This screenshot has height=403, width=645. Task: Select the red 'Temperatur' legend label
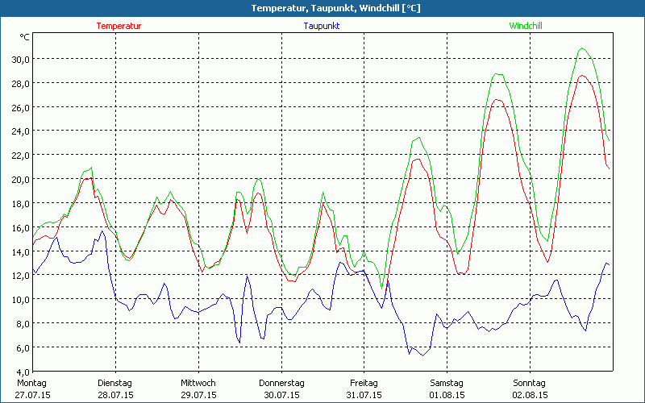coord(119,26)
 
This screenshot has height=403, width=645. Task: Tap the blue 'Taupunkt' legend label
coord(321,26)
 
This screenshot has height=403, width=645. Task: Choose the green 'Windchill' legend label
coord(525,26)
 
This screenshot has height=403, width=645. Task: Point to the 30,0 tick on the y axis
coord(19,59)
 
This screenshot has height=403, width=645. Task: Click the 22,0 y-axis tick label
coord(19,155)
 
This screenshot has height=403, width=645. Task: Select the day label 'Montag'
coord(32,383)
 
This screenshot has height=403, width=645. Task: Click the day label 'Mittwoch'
coord(198,383)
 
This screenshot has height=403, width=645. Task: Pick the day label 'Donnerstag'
coord(281,383)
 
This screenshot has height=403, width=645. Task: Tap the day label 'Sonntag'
coord(530,383)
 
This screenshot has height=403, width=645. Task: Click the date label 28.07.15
coord(115,395)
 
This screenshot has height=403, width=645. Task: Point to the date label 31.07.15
coord(364,395)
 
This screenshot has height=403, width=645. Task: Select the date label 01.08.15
coord(447,395)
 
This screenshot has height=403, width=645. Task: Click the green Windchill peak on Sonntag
coord(582,48)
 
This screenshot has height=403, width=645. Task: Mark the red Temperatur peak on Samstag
coord(497,100)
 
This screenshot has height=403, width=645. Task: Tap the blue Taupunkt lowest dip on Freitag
coord(421,355)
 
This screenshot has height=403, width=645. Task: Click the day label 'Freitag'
coord(364,383)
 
